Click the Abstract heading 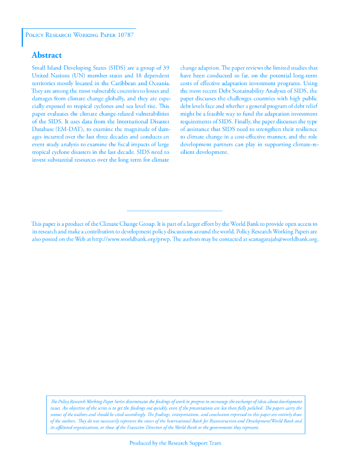(46, 55)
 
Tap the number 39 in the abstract (166, 68)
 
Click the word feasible (214, 114)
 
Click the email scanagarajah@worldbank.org (282, 239)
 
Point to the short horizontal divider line (174, 211)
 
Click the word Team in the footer (215, 443)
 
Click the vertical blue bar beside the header (22, 37)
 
